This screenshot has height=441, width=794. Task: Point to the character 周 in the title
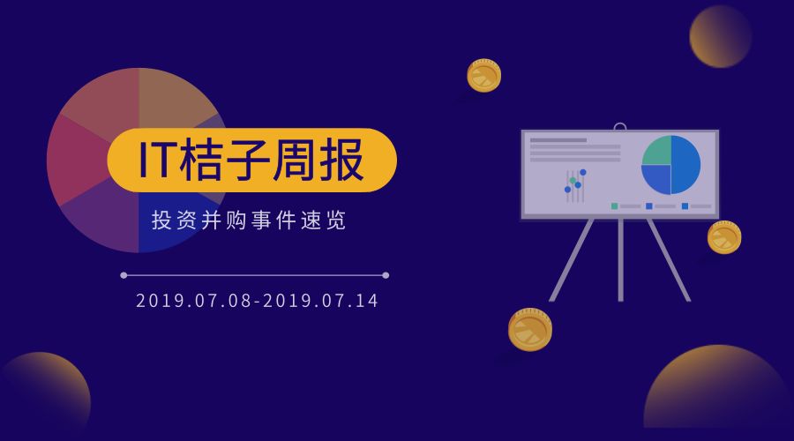[x=293, y=161]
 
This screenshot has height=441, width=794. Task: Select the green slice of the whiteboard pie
[x=655, y=152]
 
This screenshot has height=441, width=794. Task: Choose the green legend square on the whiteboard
[x=614, y=206]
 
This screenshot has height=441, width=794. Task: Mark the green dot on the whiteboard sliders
[x=573, y=181]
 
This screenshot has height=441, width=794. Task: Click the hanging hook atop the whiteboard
[x=620, y=126]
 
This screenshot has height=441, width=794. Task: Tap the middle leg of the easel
[x=621, y=260]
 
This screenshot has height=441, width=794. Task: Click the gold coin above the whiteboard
[x=483, y=76]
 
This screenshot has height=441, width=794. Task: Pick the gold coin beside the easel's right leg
[x=723, y=237]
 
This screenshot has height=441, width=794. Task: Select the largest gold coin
[x=529, y=330]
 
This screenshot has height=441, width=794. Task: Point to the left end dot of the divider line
[x=124, y=275]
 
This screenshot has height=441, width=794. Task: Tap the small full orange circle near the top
[x=720, y=36]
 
